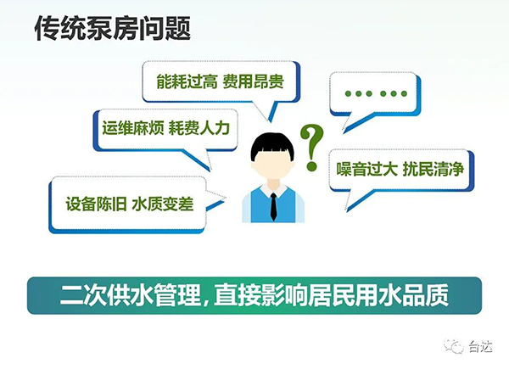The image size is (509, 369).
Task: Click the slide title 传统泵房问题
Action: (112, 28)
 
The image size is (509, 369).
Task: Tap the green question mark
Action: (311, 147)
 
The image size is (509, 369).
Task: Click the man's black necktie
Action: (274, 207)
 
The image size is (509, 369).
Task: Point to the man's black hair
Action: (272, 145)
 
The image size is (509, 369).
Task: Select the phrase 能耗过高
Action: (187, 81)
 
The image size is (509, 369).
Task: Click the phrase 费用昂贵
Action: (253, 81)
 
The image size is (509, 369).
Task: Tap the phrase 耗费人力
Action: (199, 128)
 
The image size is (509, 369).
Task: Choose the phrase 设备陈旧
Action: (96, 204)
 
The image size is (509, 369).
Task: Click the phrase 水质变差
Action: (163, 204)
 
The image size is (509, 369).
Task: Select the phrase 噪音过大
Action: (366, 169)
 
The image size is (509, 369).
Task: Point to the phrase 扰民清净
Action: (433, 169)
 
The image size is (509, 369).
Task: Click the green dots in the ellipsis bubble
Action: (376, 94)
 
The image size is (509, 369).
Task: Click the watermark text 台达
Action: (481, 347)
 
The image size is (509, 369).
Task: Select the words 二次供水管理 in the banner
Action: (131, 295)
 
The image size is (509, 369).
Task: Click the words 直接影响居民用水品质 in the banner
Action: (332, 295)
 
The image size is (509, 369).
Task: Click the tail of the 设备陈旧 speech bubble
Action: (215, 197)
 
